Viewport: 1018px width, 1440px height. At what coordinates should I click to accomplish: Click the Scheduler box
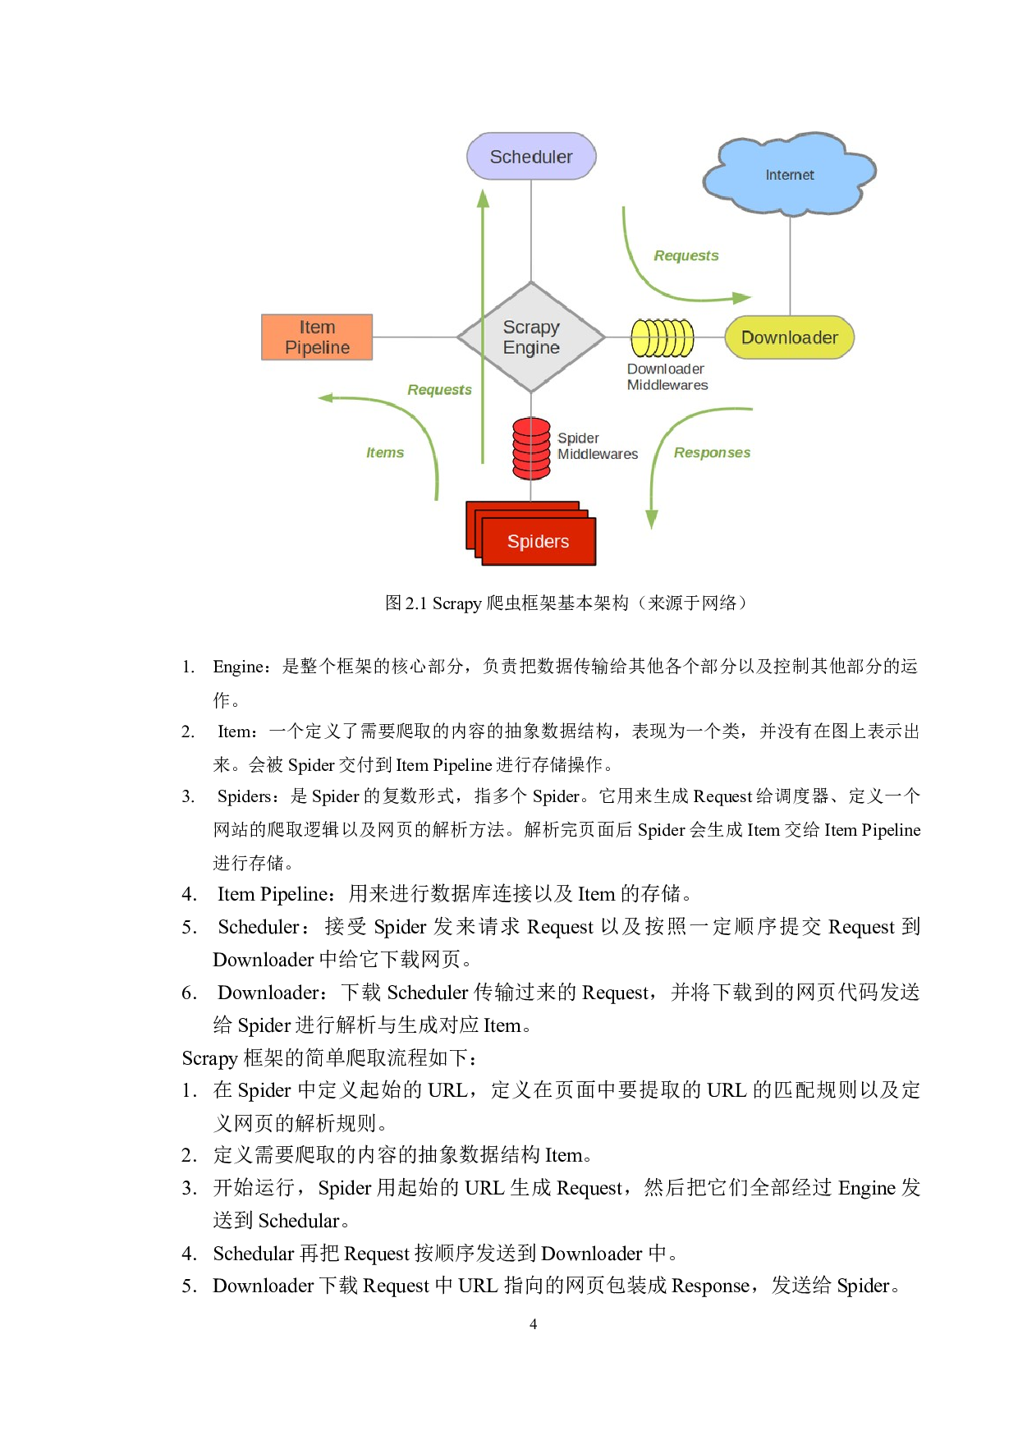531,156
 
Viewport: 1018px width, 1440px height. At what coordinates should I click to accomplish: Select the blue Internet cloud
789,174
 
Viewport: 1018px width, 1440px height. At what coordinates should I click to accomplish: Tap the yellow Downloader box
789,337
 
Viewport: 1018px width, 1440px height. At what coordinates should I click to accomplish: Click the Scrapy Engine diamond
531,337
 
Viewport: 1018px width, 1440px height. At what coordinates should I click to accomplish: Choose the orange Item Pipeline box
317,337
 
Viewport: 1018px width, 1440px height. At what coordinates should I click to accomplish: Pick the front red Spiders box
539,542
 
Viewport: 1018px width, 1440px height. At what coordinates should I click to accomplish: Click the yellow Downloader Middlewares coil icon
663,337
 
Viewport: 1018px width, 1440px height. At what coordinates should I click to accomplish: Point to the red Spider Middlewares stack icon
531,448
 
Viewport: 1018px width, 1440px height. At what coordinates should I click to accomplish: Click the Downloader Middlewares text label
667,377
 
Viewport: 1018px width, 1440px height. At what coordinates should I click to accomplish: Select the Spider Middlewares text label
597,446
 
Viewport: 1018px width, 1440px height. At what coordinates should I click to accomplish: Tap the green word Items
385,452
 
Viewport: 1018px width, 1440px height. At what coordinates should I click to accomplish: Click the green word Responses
712,452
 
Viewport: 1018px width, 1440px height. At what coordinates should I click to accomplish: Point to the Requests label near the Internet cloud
686,255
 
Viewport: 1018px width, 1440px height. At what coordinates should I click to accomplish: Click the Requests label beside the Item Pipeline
439,389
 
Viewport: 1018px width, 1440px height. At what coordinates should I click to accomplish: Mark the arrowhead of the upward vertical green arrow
483,198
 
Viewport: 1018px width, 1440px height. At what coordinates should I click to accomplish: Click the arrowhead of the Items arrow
326,398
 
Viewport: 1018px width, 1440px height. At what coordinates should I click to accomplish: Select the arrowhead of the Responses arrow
652,519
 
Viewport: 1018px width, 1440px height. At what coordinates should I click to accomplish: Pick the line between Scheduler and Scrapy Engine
531,230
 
